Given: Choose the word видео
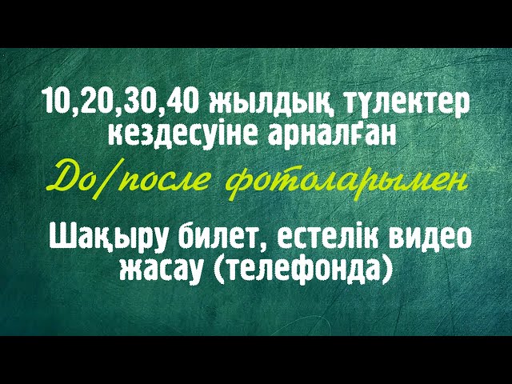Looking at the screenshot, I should [430, 238].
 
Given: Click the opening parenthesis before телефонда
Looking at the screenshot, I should [220, 270].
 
